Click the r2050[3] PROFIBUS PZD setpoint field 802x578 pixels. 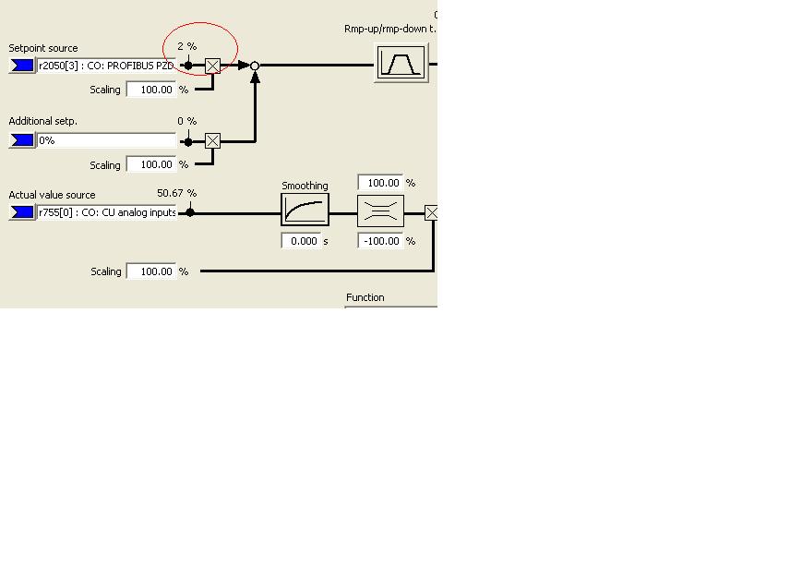(106, 66)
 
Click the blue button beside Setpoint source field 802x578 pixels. (21, 66)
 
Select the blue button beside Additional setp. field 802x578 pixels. (21, 140)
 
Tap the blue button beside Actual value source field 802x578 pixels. (21, 212)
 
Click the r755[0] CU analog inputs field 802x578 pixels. (106, 212)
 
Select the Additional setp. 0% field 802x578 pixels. (106, 140)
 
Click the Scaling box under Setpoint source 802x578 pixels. (150, 90)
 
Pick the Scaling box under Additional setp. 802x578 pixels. (150, 164)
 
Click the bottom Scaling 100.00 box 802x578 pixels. (150, 271)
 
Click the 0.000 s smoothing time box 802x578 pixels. (301, 241)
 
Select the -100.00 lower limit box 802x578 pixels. (380, 241)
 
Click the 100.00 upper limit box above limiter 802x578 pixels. (380, 183)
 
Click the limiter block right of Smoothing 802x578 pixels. (380, 211)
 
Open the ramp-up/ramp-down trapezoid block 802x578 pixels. (401, 63)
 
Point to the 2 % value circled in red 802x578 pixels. (186, 46)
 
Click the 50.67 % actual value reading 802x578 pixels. (176, 193)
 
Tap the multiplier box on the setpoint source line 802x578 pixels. (212, 66)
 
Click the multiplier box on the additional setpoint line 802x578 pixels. (212, 140)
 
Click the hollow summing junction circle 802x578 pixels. (255, 66)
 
